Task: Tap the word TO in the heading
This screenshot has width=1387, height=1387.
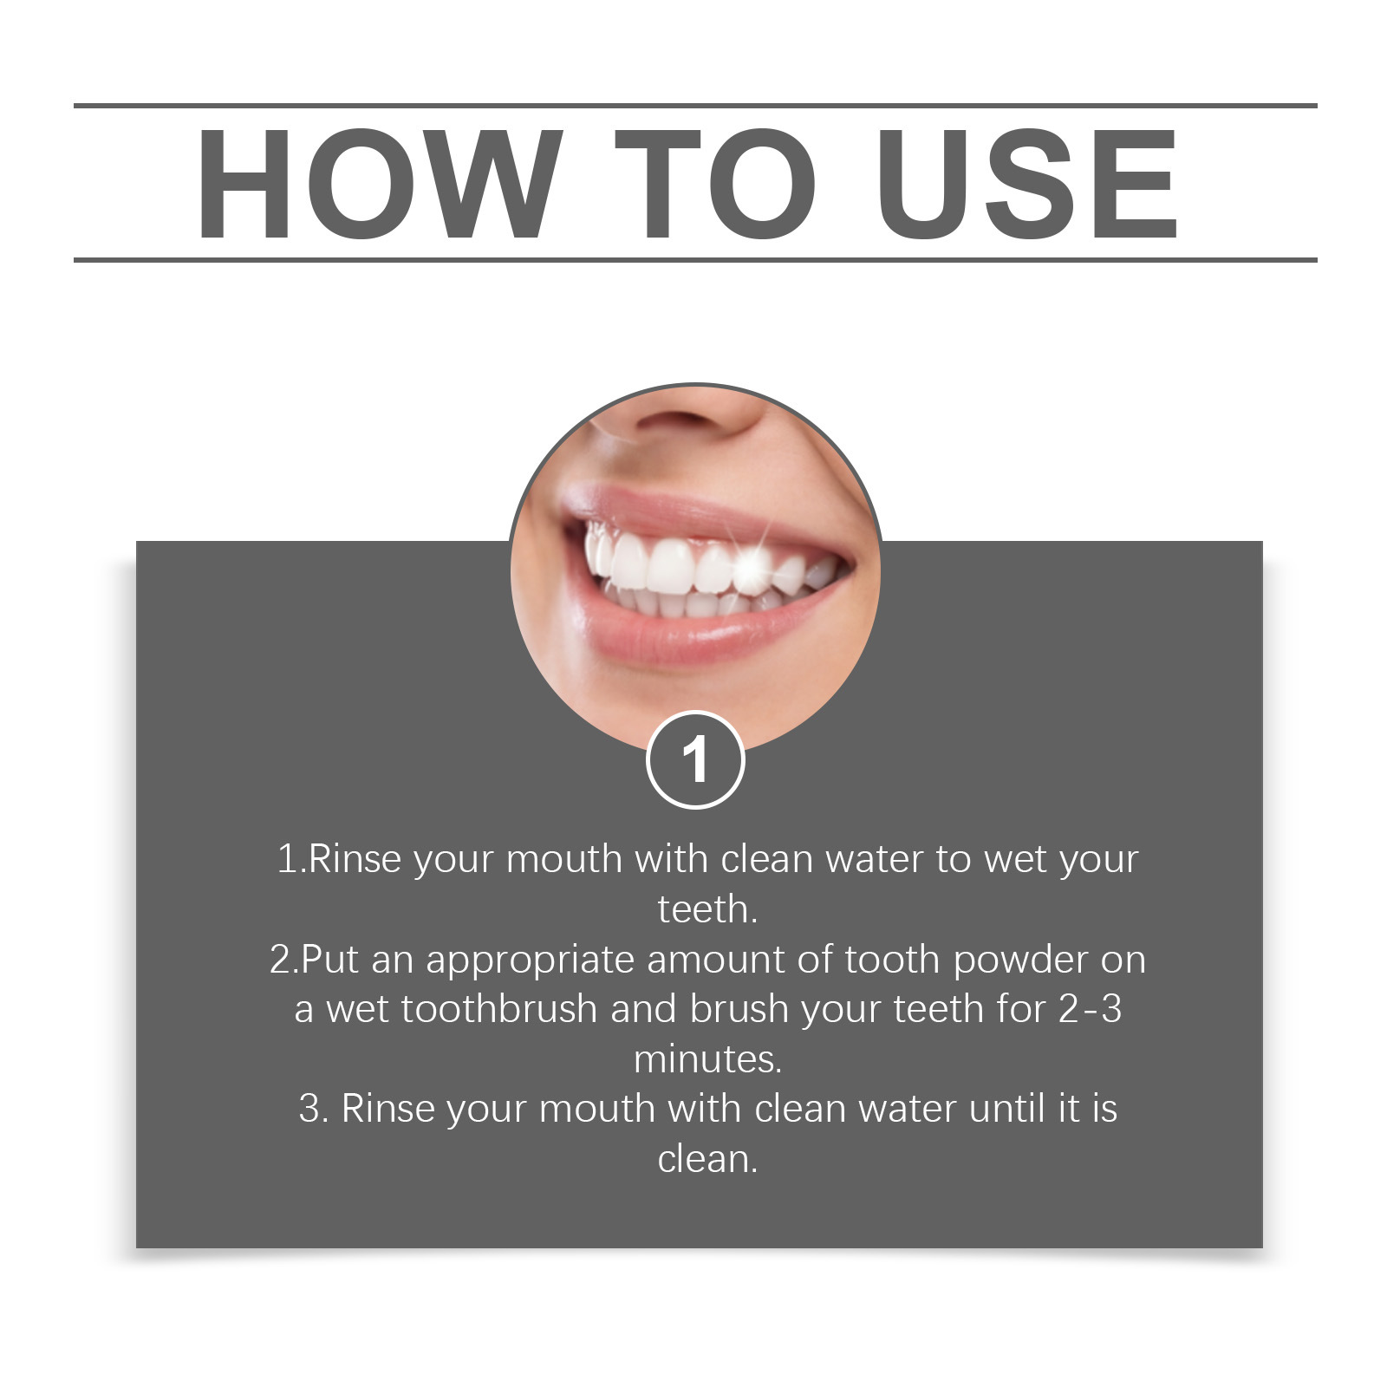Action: pyautogui.click(x=715, y=183)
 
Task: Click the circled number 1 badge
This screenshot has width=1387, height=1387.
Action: pyautogui.click(x=695, y=759)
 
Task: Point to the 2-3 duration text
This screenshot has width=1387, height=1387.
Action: pyautogui.click(x=1091, y=1010)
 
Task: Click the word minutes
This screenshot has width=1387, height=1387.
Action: pyautogui.click(x=707, y=1059)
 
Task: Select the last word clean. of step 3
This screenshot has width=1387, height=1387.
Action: pyautogui.click(x=707, y=1160)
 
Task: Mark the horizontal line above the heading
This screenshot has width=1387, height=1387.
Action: pyautogui.click(x=695, y=106)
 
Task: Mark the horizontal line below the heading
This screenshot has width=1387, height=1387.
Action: pyautogui.click(x=695, y=259)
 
